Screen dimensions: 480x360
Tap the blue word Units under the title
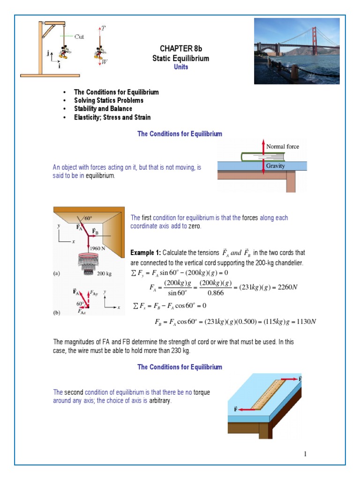(x=180, y=67)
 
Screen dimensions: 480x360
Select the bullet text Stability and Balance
(x=103, y=109)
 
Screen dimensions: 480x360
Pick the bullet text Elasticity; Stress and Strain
(x=112, y=117)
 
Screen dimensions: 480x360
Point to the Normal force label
(x=282, y=147)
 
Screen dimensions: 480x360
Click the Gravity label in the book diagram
(x=275, y=166)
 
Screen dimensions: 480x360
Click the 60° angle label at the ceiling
(x=88, y=218)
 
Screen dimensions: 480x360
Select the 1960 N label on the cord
(x=97, y=248)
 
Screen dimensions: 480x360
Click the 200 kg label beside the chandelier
(x=105, y=273)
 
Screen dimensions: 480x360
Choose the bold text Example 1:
(x=146, y=253)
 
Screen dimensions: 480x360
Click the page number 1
(x=305, y=454)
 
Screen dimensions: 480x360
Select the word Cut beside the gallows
(x=79, y=37)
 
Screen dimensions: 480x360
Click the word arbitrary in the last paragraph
(x=161, y=401)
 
